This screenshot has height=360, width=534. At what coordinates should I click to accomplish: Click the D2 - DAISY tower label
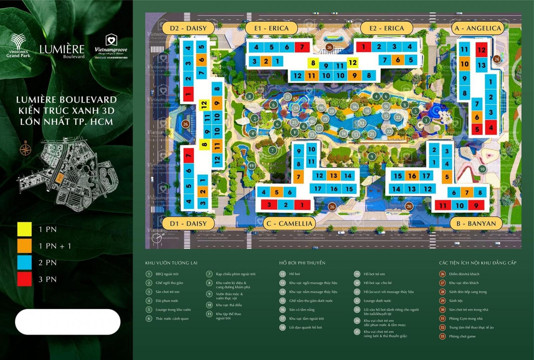pyautogui.click(x=188, y=28)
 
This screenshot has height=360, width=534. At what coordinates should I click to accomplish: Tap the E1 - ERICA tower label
pyautogui.click(x=271, y=28)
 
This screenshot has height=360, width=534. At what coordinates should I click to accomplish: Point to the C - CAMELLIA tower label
pyautogui.click(x=290, y=223)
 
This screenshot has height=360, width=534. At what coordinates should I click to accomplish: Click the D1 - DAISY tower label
pyautogui.click(x=188, y=223)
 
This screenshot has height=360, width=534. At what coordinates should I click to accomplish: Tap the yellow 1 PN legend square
pyautogui.click(x=24, y=229)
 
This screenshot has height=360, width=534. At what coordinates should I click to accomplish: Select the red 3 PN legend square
pyautogui.click(x=24, y=279)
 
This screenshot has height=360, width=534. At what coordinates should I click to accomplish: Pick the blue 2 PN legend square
pyautogui.click(x=24, y=262)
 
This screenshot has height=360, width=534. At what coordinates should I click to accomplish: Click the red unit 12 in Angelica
pyautogui.click(x=481, y=50)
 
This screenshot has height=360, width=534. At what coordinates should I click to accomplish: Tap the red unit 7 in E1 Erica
pyautogui.click(x=302, y=47)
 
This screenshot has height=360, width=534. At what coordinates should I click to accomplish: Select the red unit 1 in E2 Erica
pyautogui.click(x=363, y=47)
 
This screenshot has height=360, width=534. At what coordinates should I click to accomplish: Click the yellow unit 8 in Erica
pyautogui.click(x=313, y=62)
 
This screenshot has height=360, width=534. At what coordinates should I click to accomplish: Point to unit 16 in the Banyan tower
pyautogui.click(x=412, y=176)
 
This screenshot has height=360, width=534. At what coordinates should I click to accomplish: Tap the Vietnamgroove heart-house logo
pyautogui.click(x=111, y=40)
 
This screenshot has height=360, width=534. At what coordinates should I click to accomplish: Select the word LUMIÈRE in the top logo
pyautogui.click(x=62, y=49)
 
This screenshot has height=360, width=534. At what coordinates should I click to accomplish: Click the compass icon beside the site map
pyautogui.click(x=25, y=149)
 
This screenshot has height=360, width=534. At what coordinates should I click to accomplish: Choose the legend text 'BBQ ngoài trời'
pyautogui.click(x=167, y=274)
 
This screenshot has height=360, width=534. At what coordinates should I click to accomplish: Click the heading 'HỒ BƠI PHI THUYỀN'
pyautogui.click(x=302, y=263)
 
